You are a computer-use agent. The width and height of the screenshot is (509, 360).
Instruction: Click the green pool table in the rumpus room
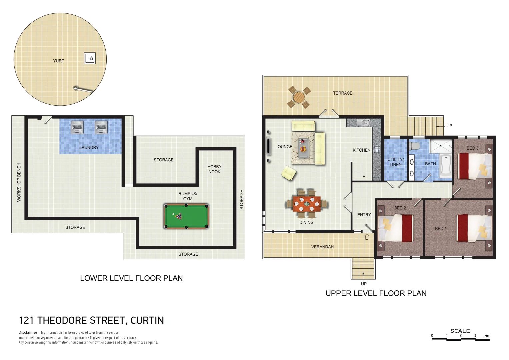point(186,216)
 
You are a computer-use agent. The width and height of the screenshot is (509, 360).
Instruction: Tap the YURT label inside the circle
point(59,61)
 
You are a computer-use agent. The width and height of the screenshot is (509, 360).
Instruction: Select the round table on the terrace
point(299,97)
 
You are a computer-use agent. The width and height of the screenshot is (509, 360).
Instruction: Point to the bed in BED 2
point(396,228)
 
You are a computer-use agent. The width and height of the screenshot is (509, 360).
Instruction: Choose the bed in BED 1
point(473,228)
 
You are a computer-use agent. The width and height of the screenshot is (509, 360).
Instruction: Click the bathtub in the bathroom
point(445,165)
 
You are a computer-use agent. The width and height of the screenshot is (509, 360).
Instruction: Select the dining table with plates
point(307,204)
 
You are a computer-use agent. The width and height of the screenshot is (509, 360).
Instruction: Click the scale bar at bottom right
point(461,339)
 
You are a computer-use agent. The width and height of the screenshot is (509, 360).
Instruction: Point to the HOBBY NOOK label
point(214,169)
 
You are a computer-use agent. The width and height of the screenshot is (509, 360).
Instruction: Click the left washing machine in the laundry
point(77,127)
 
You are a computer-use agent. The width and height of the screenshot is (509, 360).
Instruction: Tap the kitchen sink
point(363,123)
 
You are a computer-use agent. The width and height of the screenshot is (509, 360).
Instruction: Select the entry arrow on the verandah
point(367,237)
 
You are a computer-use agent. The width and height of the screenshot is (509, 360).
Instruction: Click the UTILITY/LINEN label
point(396,162)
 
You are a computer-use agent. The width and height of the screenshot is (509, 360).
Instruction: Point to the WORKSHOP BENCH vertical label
point(19,182)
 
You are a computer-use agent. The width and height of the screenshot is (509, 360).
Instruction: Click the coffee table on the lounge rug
point(303,148)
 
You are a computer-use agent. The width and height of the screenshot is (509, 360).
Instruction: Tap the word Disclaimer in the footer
point(28,332)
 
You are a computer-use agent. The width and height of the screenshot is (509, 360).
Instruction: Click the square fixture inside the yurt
point(90,58)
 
